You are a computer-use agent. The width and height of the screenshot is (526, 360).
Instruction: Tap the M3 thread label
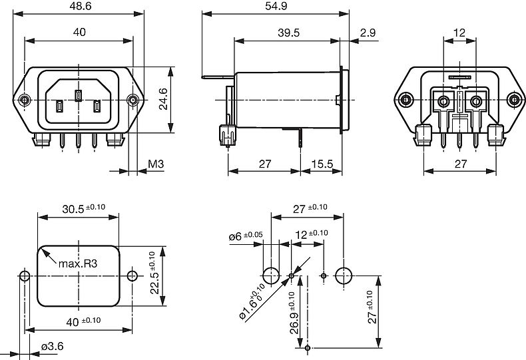pos(156,164)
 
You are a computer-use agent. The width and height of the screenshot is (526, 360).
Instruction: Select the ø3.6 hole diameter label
pos(51,346)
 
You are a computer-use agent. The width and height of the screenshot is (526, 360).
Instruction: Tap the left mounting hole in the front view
pos(25,100)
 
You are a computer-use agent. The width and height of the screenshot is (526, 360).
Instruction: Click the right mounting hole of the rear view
pos(514,100)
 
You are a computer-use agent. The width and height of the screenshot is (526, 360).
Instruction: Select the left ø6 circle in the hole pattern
pos(271,275)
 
